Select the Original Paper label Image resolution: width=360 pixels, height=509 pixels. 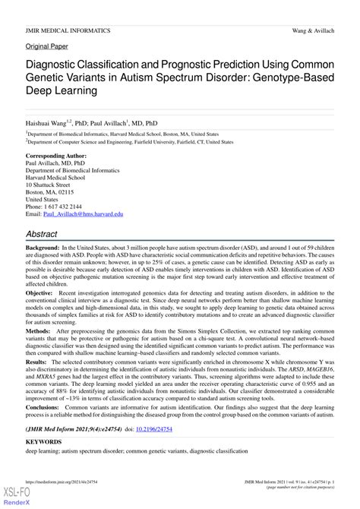[x=47, y=46]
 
